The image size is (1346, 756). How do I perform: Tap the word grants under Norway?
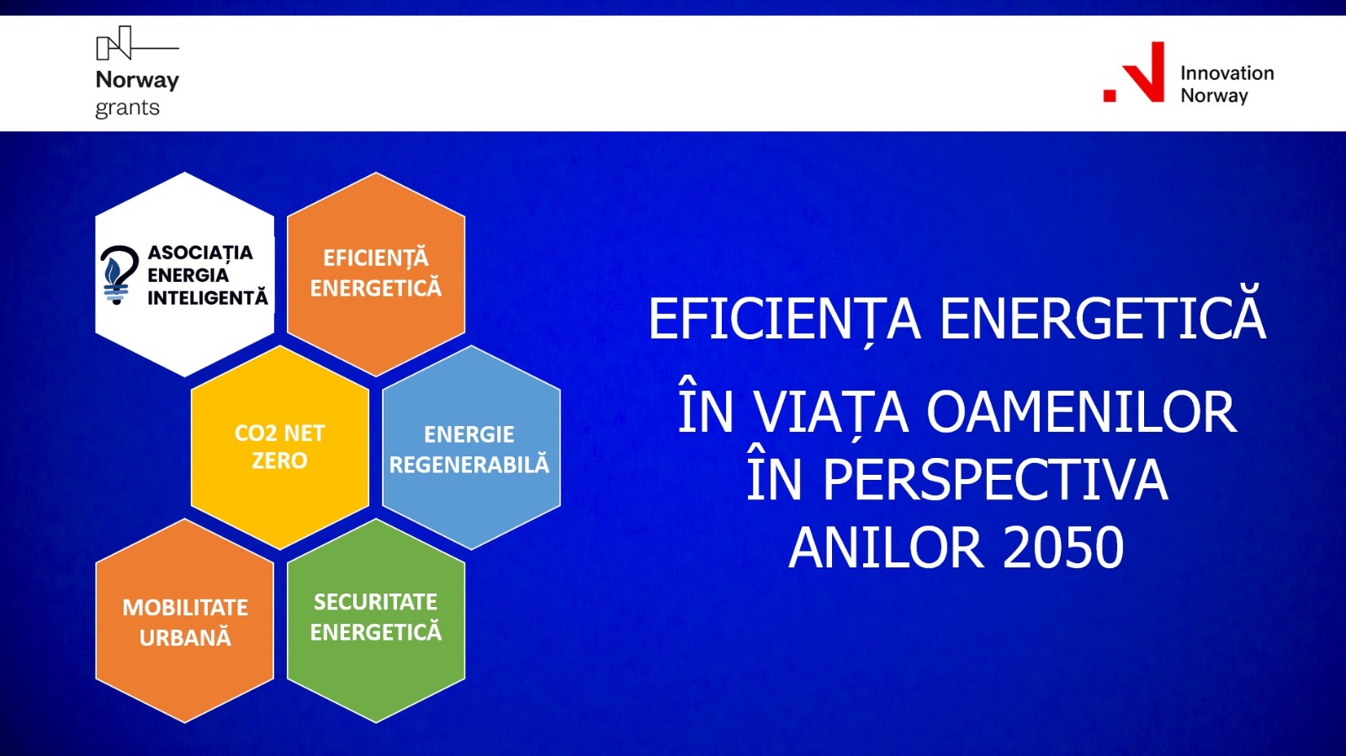[127, 109]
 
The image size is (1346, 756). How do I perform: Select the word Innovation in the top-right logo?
[1227, 73]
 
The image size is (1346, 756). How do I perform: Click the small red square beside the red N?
[1110, 95]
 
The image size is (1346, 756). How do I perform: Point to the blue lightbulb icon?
[119, 274]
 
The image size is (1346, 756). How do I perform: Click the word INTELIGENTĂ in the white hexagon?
[208, 298]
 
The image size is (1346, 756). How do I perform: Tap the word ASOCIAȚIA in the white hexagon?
[200, 253]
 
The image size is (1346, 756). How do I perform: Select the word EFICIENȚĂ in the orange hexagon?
[376, 258]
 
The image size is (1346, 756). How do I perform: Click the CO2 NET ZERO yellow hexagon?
[280, 447]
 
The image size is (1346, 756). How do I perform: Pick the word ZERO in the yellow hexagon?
[279, 461]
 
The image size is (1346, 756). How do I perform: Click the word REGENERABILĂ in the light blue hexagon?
[469, 464]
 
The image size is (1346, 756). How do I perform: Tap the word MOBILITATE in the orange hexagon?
[185, 608]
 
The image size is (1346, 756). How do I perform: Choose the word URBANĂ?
[185, 637]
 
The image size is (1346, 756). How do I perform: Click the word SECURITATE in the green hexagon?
[375, 602]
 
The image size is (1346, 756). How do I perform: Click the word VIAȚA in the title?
[831, 413]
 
